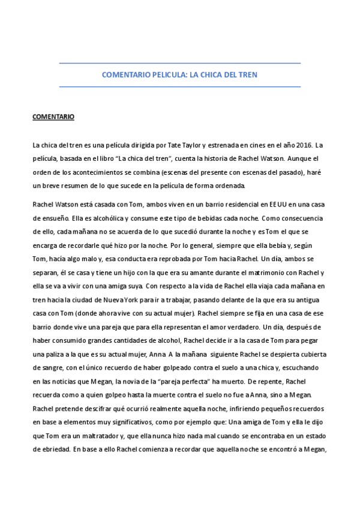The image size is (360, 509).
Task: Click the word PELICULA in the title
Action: pyautogui.click(x=165, y=75)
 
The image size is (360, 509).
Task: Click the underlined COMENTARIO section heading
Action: pyautogui.click(x=53, y=117)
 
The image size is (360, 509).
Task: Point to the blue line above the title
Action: pyautogui.click(x=180, y=63)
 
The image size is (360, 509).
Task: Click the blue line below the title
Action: pyautogui.click(x=180, y=86)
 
